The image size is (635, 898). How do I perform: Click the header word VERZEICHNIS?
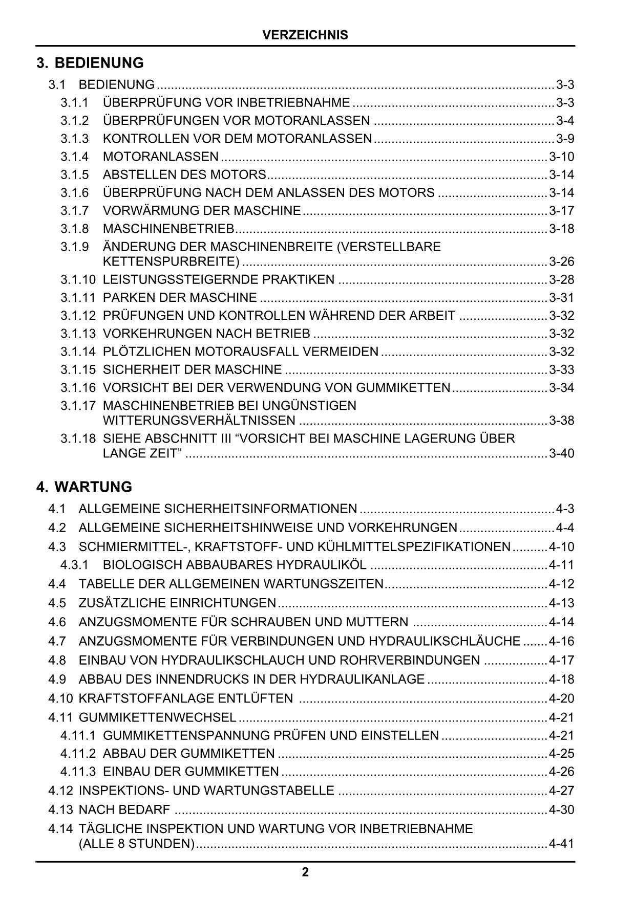click(x=305, y=35)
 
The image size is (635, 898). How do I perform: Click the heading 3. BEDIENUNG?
click(x=90, y=63)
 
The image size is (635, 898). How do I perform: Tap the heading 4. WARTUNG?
click(x=84, y=487)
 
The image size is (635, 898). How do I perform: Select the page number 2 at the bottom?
click(x=305, y=872)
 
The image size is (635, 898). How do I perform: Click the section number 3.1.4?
click(x=74, y=157)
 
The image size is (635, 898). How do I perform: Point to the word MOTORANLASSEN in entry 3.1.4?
click(x=160, y=157)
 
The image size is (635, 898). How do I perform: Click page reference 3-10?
click(x=561, y=157)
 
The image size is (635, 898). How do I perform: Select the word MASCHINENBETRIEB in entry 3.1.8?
click(x=168, y=229)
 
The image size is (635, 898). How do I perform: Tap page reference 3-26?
click(x=561, y=262)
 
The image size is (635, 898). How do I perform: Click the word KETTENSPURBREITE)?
click(x=171, y=262)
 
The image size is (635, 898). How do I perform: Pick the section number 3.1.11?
click(x=78, y=298)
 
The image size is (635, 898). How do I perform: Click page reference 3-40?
click(x=561, y=453)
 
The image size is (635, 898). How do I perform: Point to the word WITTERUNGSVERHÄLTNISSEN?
click(x=199, y=421)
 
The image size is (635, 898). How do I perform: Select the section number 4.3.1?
click(x=74, y=565)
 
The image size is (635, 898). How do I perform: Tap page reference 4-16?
click(x=561, y=641)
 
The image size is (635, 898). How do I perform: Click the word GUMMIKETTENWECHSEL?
click(x=158, y=717)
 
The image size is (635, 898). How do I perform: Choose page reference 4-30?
click(x=561, y=809)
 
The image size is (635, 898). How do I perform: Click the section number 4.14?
click(x=60, y=828)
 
